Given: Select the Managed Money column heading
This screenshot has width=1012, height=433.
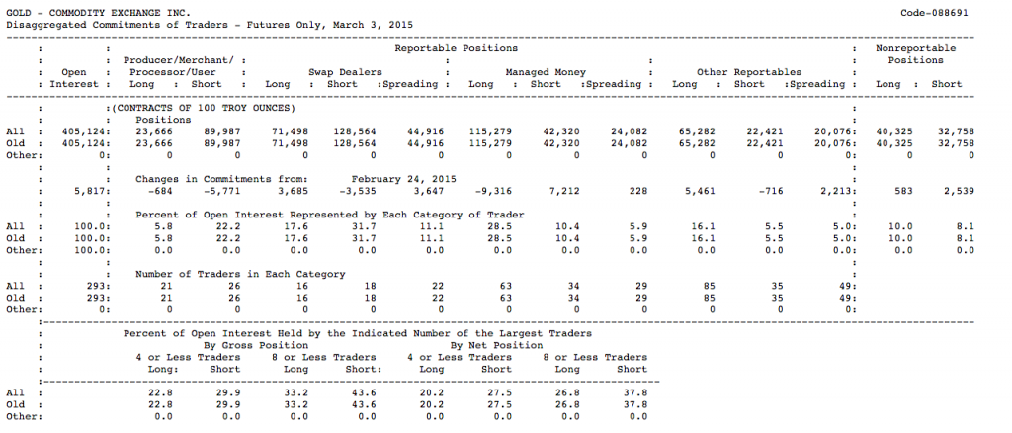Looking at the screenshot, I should point(546,72).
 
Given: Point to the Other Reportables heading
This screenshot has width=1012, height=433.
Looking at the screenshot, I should point(748,72).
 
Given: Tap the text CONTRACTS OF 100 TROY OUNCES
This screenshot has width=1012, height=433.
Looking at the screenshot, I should point(203,107).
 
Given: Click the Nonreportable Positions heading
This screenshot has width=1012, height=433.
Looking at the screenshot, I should point(915,53).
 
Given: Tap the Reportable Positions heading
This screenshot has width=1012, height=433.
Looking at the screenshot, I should point(456,47).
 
